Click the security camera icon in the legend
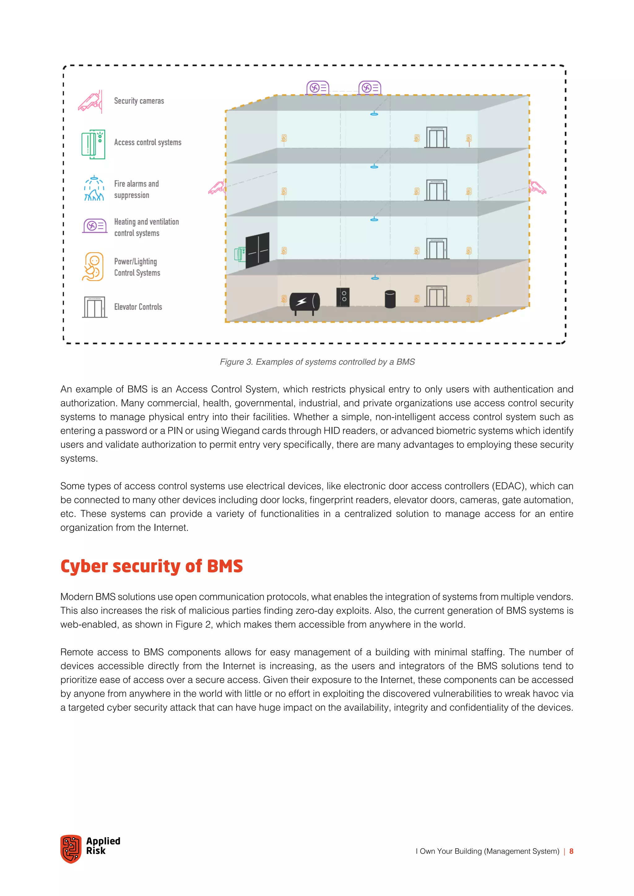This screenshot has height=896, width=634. click(91, 101)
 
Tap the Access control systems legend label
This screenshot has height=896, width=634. click(148, 142)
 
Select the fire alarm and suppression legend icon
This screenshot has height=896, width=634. click(94, 189)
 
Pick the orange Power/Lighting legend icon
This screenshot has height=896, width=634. click(93, 266)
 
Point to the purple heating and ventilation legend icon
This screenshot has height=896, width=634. click(95, 226)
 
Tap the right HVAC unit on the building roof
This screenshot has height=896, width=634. click(370, 88)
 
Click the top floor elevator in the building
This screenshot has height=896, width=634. click(436, 137)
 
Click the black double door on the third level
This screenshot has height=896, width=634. click(257, 250)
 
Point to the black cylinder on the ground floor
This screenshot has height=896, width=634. click(390, 299)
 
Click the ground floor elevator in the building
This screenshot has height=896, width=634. click(436, 297)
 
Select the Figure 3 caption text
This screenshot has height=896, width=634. click(317, 362)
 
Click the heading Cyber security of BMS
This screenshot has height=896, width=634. click(151, 566)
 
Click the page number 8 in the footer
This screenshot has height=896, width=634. click(571, 851)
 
